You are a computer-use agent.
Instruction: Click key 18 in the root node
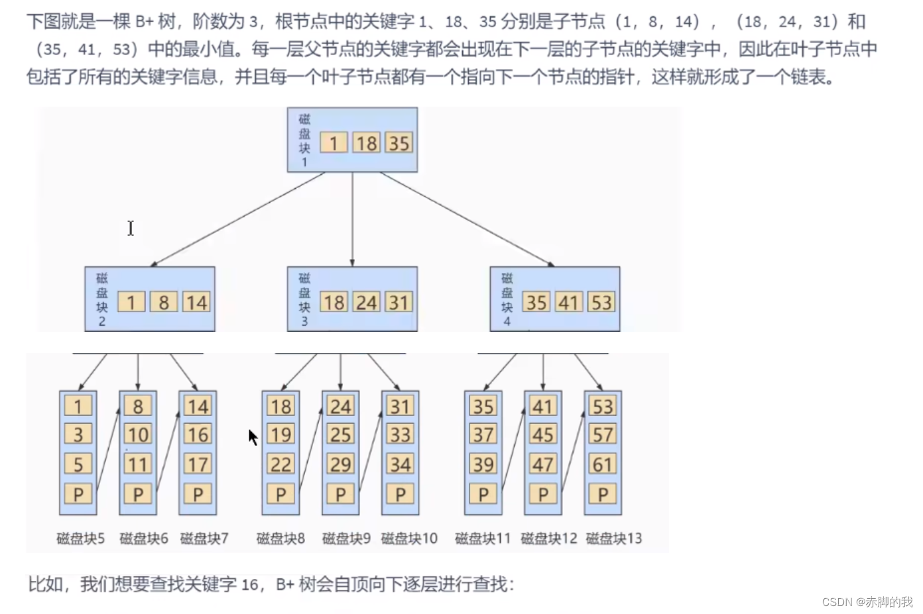click(365, 143)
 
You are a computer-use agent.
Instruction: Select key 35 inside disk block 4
click(536, 303)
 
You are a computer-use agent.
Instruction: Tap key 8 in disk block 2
click(163, 303)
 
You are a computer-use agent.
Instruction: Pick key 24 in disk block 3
click(366, 303)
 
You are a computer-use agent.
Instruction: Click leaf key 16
click(198, 435)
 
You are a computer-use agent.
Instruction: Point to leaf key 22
click(280, 464)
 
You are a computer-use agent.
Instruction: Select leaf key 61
click(603, 464)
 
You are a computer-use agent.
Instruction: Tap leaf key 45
click(543, 435)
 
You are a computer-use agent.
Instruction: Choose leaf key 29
click(340, 464)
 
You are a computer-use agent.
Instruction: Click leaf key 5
click(78, 464)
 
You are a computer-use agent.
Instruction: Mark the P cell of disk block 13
click(603, 494)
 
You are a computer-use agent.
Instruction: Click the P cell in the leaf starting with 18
click(280, 494)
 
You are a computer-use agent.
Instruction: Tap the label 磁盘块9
click(346, 538)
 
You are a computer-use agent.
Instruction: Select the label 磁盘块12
click(549, 538)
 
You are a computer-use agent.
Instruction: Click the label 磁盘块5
click(81, 538)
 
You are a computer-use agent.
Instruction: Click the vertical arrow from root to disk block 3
click(352, 219)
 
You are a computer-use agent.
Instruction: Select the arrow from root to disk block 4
click(467, 219)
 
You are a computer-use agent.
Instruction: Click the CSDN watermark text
click(867, 601)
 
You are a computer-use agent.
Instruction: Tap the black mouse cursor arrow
click(253, 436)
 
